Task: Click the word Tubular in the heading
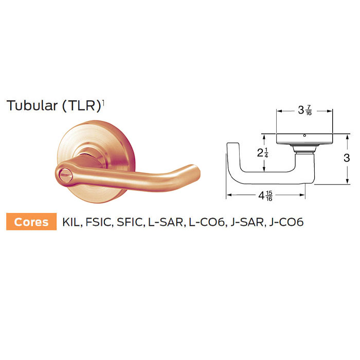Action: pyautogui.click(x=31, y=105)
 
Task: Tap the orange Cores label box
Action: pyautogui.click(x=31, y=222)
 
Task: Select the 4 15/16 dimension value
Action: pyautogui.click(x=265, y=195)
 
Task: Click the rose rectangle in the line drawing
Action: pyautogui.click(x=305, y=139)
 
